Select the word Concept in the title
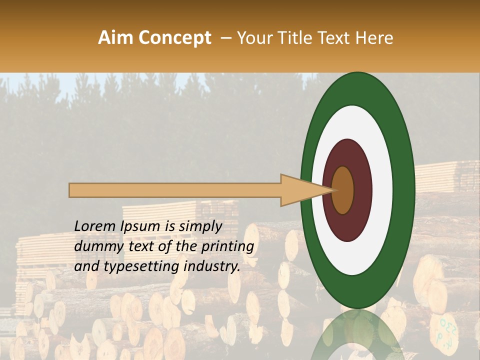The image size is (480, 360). (x=175, y=38)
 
